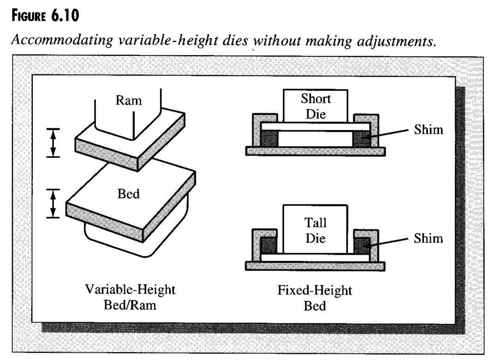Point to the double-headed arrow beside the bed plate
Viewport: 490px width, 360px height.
[54, 204]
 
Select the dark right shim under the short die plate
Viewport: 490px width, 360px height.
[362, 138]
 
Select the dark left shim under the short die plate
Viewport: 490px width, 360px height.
[269, 138]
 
